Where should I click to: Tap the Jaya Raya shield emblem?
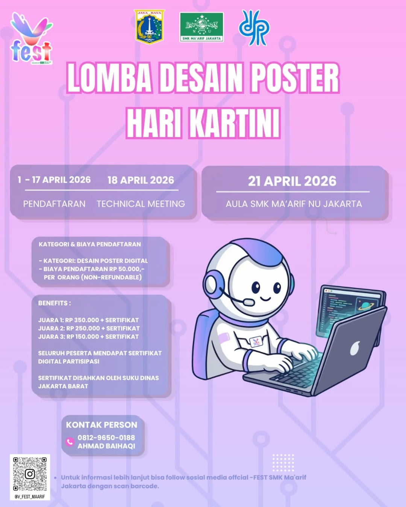point(149,27)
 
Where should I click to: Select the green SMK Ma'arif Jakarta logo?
point(201,27)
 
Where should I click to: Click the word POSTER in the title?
point(295,78)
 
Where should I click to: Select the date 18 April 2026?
point(141,180)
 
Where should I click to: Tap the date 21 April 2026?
point(292,181)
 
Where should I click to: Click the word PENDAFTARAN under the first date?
point(54,204)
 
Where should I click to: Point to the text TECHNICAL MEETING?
point(141,204)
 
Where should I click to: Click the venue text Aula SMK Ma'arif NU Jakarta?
point(294,204)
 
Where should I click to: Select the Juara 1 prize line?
point(88,320)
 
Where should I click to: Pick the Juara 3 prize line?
point(88,336)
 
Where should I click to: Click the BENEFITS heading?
point(54,303)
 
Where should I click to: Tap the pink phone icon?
point(70,442)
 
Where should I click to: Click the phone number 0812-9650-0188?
point(106,438)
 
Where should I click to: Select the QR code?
point(30,474)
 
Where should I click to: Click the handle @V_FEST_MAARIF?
point(30,496)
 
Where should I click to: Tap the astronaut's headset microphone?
point(248,302)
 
